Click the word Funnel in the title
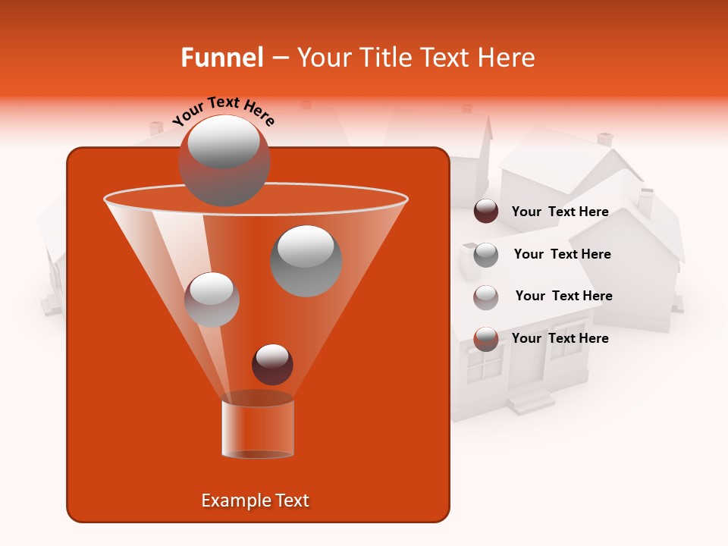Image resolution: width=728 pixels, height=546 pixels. coord(221,58)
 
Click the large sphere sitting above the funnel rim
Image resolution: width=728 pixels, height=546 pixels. coord(224,160)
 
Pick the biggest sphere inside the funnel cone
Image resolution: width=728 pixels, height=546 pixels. coord(306,261)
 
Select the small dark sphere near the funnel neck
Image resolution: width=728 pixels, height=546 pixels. coord(272,364)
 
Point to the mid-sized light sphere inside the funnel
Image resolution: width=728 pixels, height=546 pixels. coord(212,299)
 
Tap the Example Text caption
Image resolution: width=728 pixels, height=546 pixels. coord(255,500)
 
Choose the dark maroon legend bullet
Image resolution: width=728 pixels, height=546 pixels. coord(486,212)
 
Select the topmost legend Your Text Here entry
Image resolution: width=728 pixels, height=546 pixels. coord(560,212)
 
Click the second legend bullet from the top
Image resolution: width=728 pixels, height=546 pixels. coord(486,255)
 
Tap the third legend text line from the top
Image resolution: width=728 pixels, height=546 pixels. coord(563,296)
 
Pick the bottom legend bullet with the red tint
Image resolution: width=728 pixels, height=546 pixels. coord(486,339)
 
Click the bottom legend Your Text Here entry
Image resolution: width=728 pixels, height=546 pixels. coord(560,338)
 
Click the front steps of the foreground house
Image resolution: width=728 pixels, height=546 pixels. coord(530,400)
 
